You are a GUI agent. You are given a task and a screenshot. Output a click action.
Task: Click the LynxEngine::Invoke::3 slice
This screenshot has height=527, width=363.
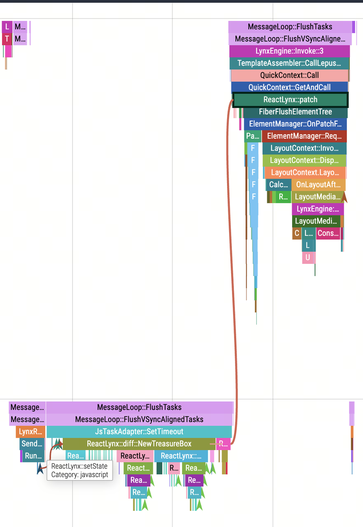(289, 51)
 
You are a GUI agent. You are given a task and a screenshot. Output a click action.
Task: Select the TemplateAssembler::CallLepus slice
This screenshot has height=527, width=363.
(289, 63)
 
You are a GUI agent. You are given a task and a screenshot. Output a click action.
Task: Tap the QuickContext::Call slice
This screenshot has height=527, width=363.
(289, 75)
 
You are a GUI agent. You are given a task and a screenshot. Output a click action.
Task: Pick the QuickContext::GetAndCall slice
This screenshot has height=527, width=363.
(289, 87)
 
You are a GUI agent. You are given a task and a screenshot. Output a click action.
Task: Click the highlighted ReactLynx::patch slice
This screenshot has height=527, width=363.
(290, 100)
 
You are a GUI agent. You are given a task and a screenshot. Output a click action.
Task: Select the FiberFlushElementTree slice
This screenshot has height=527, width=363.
(295, 112)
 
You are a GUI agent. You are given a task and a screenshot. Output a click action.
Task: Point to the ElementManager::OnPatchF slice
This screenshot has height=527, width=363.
(295, 124)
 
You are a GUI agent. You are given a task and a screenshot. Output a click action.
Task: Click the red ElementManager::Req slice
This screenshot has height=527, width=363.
(304, 136)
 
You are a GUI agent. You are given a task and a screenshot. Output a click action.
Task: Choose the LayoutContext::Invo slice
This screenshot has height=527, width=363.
(304, 148)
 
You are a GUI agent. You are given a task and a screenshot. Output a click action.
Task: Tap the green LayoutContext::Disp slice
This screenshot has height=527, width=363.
(304, 160)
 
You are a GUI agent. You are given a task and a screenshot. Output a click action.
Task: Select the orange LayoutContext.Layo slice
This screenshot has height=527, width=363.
(305, 173)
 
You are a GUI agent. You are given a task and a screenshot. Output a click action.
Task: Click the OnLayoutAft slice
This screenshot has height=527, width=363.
(318, 184)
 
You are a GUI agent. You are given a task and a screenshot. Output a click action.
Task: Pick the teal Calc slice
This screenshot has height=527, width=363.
(279, 184)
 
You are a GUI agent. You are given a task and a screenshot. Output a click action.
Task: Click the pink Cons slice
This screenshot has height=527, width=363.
(328, 233)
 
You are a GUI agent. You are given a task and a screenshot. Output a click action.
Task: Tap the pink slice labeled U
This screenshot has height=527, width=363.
(307, 258)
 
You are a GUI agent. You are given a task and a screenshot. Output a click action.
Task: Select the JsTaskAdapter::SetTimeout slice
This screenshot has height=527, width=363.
(139, 431)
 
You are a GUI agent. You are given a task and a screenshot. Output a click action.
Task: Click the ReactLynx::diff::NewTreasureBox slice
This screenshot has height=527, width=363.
(139, 444)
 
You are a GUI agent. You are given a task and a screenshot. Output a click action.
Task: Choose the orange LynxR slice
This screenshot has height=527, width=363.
(31, 431)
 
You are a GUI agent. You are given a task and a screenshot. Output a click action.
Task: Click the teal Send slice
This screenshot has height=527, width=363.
(32, 444)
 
